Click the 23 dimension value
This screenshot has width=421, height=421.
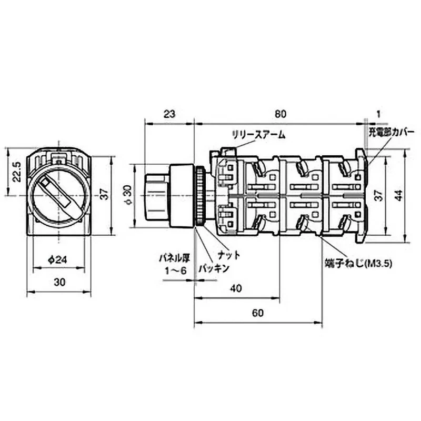coord(169,114)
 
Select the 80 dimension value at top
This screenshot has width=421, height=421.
coord(280,114)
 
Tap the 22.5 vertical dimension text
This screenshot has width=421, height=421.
coord(17,172)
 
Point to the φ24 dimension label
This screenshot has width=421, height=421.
coord(58,259)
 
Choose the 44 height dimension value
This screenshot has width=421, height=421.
coord(400,195)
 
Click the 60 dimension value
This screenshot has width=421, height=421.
coord(257,313)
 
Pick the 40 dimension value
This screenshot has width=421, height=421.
coord(236,288)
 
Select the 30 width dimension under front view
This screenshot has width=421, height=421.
coord(59,282)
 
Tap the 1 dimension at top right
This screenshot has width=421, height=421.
coord(378,114)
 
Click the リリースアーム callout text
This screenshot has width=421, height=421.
coord(258,135)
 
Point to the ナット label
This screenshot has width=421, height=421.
coord(229,255)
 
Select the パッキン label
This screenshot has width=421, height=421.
coord(214,268)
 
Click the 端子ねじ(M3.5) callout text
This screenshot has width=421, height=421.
coord(358,264)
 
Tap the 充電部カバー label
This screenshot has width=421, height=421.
coord(391,133)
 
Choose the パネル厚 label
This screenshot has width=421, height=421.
coord(175,258)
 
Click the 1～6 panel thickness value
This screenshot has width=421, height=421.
coord(176,270)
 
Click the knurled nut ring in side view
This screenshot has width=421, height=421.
coord(201,196)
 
